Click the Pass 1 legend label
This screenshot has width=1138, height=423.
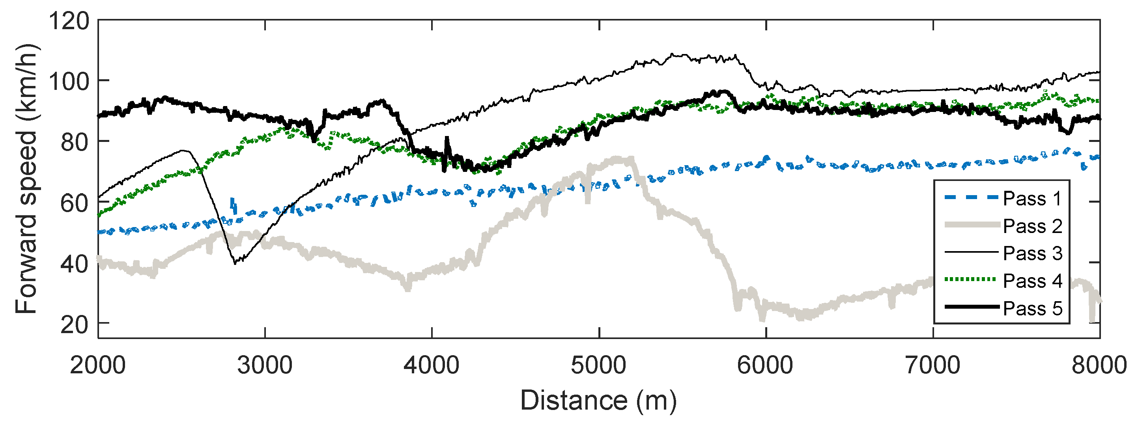(x=1032, y=199)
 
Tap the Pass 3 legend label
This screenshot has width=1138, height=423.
(x=1032, y=253)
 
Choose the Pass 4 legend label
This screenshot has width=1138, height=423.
(x=1032, y=281)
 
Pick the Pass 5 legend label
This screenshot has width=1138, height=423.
(x=1032, y=308)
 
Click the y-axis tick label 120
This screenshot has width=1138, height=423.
(x=69, y=21)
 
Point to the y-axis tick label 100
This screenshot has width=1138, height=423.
(x=69, y=81)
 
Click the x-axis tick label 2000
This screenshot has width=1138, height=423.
(x=98, y=365)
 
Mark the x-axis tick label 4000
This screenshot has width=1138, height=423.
(x=432, y=365)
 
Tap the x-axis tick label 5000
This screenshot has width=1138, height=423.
(x=599, y=365)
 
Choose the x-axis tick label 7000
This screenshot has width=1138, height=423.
(x=932, y=365)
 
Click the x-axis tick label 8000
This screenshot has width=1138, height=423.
(x=1099, y=365)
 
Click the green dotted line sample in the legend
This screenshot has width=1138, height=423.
(x=971, y=280)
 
